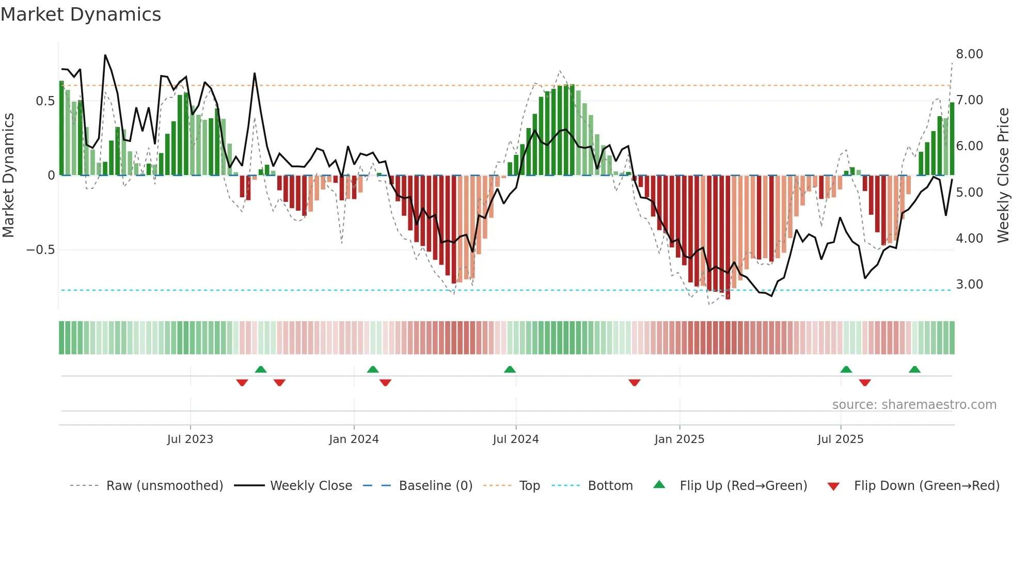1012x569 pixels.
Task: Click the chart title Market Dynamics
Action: tap(81, 14)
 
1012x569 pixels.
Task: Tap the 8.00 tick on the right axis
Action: tap(969, 54)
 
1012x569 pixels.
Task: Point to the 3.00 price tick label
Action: tap(969, 284)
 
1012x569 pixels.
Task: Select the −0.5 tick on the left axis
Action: tap(40, 250)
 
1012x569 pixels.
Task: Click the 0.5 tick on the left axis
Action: tap(45, 101)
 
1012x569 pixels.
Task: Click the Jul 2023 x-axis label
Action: tap(190, 439)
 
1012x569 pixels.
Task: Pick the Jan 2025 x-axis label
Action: tap(679, 439)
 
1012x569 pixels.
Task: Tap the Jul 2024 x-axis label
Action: tap(515, 439)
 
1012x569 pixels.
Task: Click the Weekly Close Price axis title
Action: tap(1003, 175)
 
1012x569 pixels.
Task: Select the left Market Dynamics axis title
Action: tap(8, 175)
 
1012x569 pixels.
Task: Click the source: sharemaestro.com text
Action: tap(914, 405)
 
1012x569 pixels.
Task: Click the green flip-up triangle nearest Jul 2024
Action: tap(510, 370)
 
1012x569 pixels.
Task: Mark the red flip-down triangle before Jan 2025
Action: tap(635, 383)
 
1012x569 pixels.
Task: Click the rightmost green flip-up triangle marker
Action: tap(914, 370)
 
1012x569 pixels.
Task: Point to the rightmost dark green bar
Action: tap(952, 139)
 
